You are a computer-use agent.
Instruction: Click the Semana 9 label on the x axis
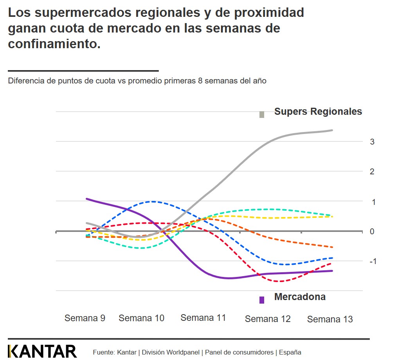(x=85, y=318)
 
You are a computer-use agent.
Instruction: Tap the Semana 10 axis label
(x=141, y=318)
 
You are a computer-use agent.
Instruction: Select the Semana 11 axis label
(x=203, y=317)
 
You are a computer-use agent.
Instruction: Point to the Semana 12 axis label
(x=268, y=319)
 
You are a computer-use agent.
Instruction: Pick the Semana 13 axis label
(x=330, y=319)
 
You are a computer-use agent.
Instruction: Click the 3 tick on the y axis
(x=372, y=142)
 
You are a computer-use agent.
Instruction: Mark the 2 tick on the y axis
(x=372, y=172)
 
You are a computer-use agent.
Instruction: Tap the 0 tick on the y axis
(x=372, y=231)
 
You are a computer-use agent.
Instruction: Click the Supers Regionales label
(x=318, y=112)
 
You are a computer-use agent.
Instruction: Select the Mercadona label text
(x=300, y=297)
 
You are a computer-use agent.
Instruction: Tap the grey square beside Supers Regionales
(x=262, y=114)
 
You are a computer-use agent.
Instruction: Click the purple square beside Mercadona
(x=262, y=300)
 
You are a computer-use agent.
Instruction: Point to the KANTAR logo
(x=42, y=351)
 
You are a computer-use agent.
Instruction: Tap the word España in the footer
(x=290, y=352)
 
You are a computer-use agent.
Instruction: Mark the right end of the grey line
(x=332, y=130)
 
